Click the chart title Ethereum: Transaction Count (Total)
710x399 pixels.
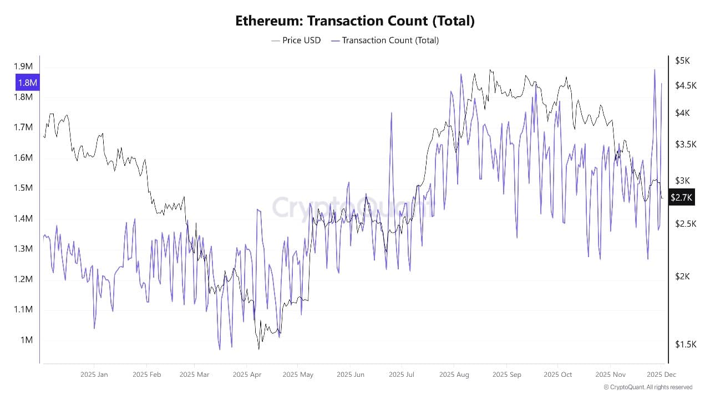[355, 21]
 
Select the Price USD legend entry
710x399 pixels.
[296, 40]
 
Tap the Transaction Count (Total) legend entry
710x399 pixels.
[385, 40]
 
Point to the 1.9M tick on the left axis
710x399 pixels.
[23, 66]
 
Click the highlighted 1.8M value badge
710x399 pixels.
[27, 83]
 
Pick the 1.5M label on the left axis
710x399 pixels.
[23, 188]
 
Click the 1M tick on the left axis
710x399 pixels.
[27, 340]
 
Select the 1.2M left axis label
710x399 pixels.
[23, 279]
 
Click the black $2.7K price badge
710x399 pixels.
[681, 197]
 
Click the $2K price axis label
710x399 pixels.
[682, 277]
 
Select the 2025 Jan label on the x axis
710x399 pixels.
[94, 375]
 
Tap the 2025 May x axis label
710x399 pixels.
[297, 375]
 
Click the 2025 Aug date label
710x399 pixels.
[454, 375]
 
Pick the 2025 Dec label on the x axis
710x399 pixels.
[661, 375]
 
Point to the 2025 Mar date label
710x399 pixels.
[195, 375]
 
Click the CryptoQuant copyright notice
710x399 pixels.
[648, 387]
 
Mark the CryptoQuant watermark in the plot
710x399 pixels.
[353, 207]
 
